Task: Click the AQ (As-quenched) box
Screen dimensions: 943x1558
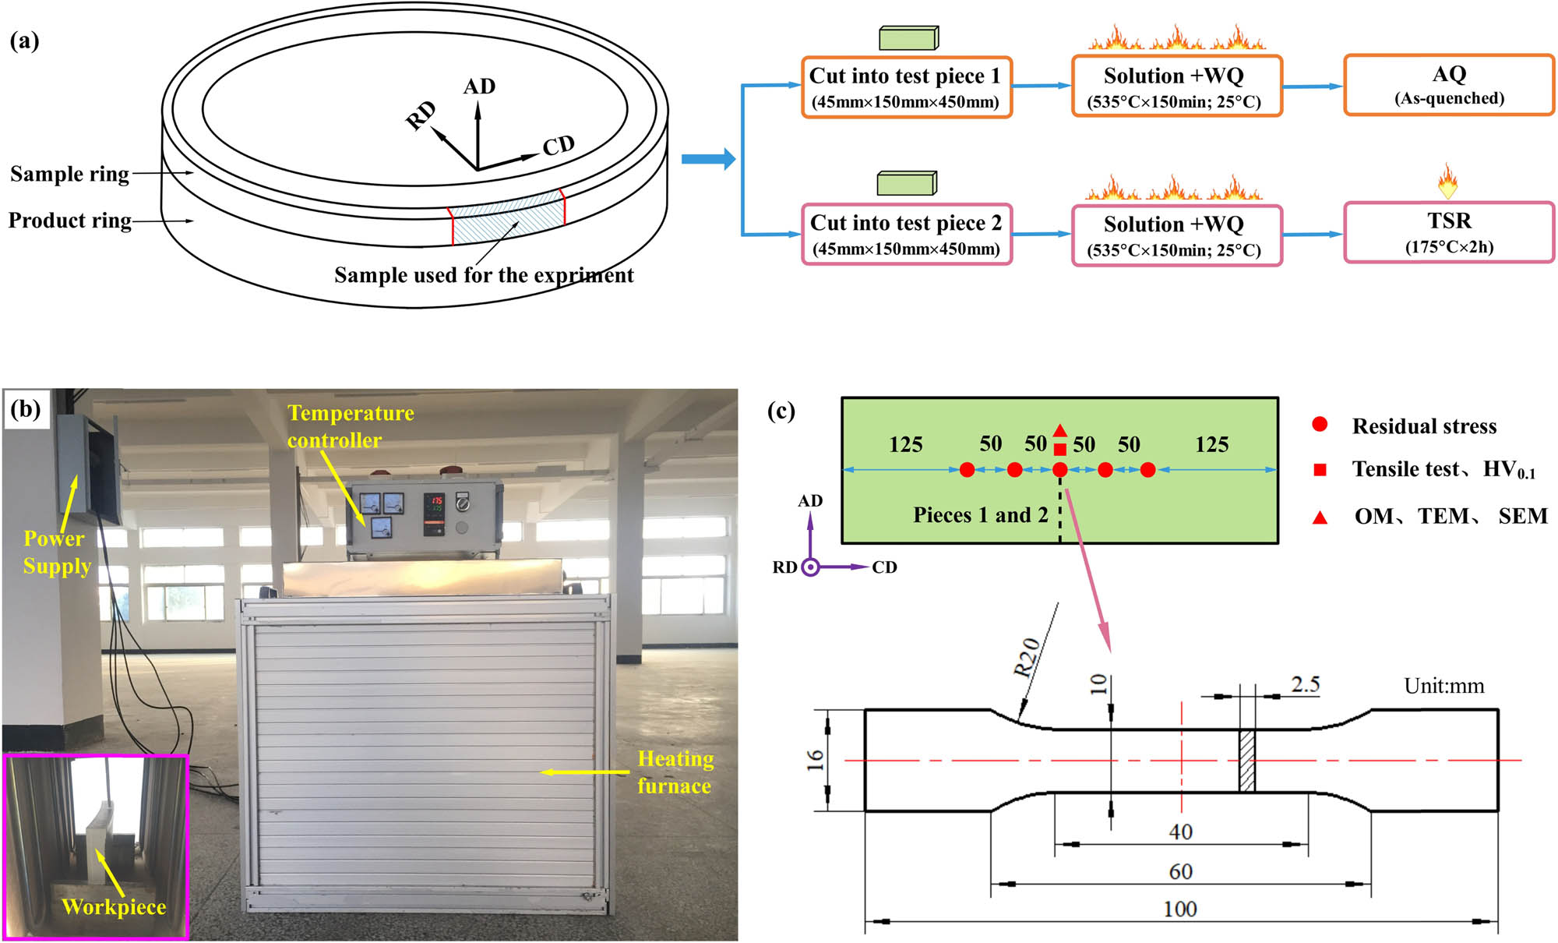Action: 1448,85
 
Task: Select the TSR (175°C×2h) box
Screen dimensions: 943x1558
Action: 1448,233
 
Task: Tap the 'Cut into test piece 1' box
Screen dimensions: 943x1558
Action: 906,87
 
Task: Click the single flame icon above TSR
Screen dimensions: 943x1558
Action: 1447,181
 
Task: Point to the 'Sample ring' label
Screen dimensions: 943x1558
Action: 69,174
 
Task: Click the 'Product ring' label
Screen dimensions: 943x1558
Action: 69,221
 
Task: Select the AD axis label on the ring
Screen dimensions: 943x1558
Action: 479,87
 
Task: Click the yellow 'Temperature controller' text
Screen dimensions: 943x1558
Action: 350,426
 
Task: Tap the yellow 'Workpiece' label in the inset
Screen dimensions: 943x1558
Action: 114,907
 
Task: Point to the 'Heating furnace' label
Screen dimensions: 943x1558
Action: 675,772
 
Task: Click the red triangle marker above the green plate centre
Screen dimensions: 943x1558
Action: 1059,430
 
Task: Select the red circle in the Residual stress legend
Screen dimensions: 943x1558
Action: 1320,425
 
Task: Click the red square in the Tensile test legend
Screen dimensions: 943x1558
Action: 1320,469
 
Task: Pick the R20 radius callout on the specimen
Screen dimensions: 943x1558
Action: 1027,657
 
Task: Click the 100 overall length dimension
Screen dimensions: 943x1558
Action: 1179,909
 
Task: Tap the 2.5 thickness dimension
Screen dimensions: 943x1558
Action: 1305,684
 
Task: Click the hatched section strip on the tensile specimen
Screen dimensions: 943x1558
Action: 1247,761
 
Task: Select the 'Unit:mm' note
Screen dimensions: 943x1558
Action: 1443,686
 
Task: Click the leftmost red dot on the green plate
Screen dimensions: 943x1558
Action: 967,470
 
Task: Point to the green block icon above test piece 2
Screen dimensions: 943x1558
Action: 907,184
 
